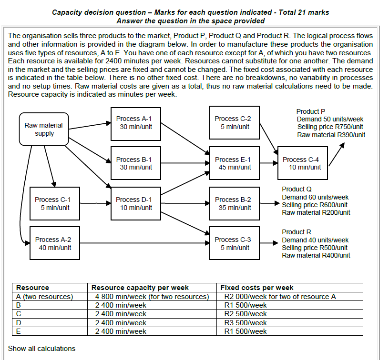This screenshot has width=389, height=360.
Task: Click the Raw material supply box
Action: coord(43,129)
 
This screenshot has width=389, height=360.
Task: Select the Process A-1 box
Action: coord(134,122)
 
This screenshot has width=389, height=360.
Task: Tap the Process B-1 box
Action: coord(134,163)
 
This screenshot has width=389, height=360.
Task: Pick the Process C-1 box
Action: coord(53,203)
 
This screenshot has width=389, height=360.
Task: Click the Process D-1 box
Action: coord(134,203)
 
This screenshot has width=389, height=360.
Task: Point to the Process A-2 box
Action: coord(53,243)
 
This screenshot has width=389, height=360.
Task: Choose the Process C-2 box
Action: coord(233,122)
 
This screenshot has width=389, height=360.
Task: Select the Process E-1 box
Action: coord(233,163)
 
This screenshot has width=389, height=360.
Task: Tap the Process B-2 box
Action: coord(233,203)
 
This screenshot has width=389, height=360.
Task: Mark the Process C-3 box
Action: coord(233,243)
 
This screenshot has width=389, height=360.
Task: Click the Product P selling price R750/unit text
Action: coord(330,127)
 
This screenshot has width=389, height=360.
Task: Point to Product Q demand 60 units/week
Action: coord(315,197)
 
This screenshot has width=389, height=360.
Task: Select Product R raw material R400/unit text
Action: coord(316,255)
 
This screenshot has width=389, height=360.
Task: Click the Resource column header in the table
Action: coord(32,288)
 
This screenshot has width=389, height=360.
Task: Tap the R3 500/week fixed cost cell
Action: coord(245,322)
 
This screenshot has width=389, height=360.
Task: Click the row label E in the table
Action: coord(19,331)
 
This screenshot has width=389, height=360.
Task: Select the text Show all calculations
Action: coord(41,348)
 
